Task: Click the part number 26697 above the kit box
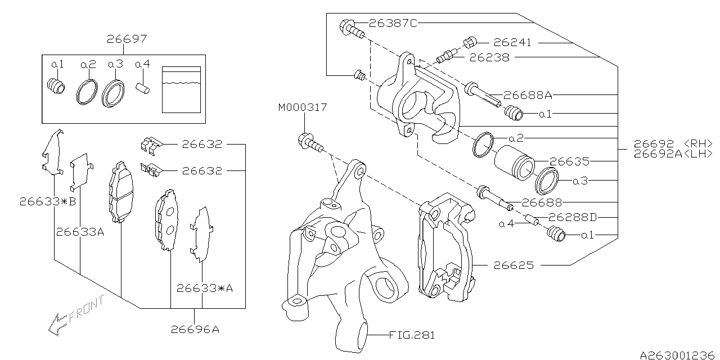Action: coord(127,39)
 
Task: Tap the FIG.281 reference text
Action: coord(412,335)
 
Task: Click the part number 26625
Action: coord(514,264)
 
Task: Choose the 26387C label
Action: coord(393,23)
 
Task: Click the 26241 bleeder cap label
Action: coord(512,43)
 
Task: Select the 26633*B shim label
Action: coord(47,201)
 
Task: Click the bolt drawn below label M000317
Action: coord(310,143)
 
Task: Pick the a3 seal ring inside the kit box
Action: coord(113,93)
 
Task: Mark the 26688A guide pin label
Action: coord(528,96)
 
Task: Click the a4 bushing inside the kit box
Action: coord(144,89)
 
